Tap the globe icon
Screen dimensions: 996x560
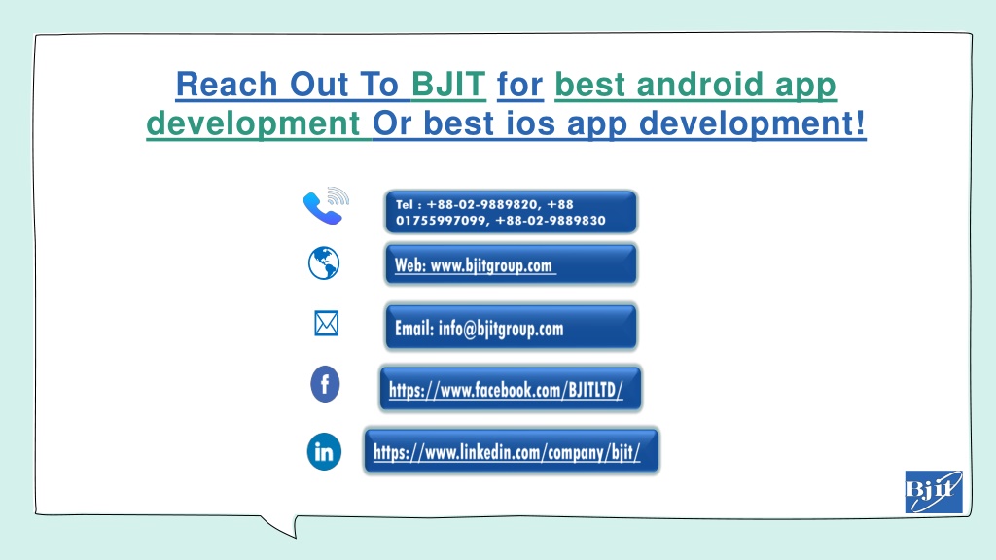click(324, 262)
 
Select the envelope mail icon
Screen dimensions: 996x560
click(327, 323)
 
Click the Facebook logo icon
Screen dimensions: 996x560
click(325, 384)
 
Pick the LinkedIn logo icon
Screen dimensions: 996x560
click(324, 451)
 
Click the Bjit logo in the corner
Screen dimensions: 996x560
click(934, 491)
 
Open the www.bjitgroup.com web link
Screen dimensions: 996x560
click(491, 265)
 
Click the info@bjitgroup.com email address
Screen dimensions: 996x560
click(501, 329)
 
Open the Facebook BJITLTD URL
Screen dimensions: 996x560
click(506, 389)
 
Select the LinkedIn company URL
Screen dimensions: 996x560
click(506, 452)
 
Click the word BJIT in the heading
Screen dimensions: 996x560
click(448, 85)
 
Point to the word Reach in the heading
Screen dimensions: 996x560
click(227, 85)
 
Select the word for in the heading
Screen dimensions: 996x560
click(519, 85)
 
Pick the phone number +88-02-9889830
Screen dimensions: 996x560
click(551, 221)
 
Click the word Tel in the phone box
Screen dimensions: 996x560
click(404, 204)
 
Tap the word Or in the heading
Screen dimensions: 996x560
click(392, 122)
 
